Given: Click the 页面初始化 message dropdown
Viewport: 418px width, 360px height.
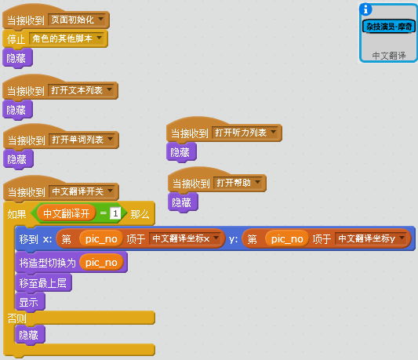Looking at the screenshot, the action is pyautogui.click(x=77, y=20).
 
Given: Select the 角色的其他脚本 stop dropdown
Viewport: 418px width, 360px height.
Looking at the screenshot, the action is pyautogui.click(x=67, y=38).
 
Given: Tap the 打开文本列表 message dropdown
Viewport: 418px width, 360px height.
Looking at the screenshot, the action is pyautogui.click(x=82, y=90).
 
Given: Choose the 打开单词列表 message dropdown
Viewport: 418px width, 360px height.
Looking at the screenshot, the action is pyautogui.click(x=82, y=140).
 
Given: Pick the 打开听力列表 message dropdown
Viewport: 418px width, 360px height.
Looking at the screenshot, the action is pyautogui.click(x=245, y=133).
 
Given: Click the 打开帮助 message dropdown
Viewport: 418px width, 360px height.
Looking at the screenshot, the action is pyautogui.click(x=238, y=183).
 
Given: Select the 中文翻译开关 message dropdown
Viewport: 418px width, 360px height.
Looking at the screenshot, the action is pyautogui.click(x=82, y=191).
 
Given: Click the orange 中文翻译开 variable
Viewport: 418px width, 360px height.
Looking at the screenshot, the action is pyautogui.click(x=66, y=213).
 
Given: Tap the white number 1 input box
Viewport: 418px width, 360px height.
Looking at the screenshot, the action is pyautogui.click(x=115, y=213).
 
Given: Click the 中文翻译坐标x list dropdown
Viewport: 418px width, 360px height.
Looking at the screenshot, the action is pyautogui.click(x=185, y=238).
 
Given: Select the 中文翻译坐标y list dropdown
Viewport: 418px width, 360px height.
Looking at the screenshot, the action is pyautogui.click(x=370, y=238).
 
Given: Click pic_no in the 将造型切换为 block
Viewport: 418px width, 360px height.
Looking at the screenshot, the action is pyautogui.click(x=101, y=263).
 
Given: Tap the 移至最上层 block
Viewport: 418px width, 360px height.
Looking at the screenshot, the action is pyautogui.click(x=43, y=282).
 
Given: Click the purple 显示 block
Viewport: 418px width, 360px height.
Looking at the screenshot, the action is pyautogui.click(x=30, y=302).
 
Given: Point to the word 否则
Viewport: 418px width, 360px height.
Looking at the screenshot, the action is pyautogui.click(x=16, y=318).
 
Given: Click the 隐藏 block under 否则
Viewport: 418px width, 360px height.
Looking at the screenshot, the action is pyautogui.click(x=30, y=335).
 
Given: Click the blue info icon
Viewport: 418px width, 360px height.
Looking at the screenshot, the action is pyautogui.click(x=365, y=9).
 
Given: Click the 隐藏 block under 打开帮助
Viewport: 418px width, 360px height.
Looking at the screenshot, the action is pyautogui.click(x=183, y=202).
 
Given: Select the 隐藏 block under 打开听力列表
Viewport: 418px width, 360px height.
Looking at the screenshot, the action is pyautogui.click(x=181, y=152).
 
